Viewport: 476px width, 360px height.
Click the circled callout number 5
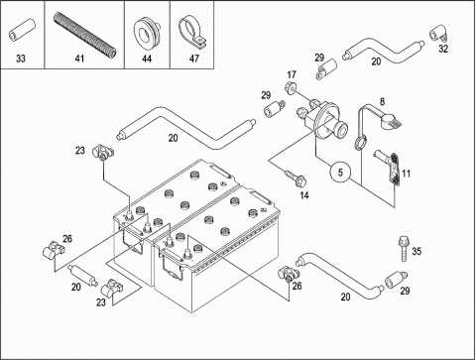click(x=340, y=173)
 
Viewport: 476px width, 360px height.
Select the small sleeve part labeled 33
click(x=22, y=30)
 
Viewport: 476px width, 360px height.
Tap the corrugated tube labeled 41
click(x=84, y=34)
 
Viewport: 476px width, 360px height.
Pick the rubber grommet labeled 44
click(x=147, y=30)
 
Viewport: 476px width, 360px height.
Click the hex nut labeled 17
click(x=290, y=87)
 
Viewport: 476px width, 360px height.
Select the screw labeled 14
click(x=295, y=178)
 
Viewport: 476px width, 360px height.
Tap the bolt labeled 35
click(x=404, y=248)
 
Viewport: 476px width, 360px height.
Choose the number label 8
click(x=382, y=101)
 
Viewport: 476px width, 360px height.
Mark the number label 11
click(x=407, y=174)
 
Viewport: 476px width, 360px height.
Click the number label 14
click(x=304, y=195)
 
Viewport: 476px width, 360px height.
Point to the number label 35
click(x=416, y=251)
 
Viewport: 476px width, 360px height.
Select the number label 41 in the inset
click(x=79, y=59)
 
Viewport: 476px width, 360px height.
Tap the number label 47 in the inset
click(x=194, y=59)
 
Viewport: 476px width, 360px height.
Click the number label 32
click(x=443, y=49)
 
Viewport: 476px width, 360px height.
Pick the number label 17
click(x=292, y=74)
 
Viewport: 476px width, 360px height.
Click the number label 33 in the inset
click(x=21, y=59)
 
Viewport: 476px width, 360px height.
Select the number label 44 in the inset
click(x=147, y=59)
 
